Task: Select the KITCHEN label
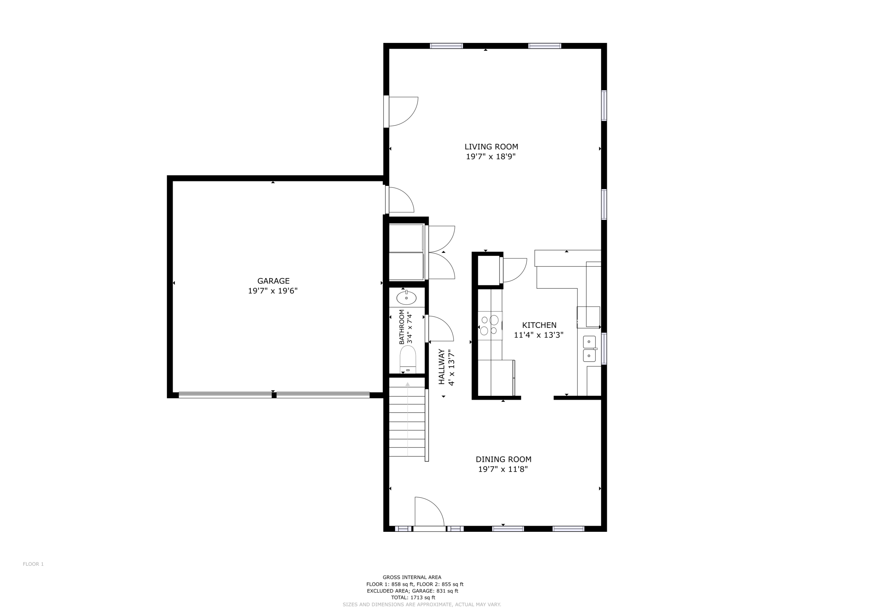coord(539,325)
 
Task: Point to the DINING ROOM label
coord(503,459)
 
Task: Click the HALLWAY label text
coord(442,367)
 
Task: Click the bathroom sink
coord(406,298)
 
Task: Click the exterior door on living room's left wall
coord(403,111)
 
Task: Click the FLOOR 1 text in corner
coord(33,564)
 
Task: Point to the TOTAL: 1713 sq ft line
coord(413,598)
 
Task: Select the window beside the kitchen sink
coord(604,348)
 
